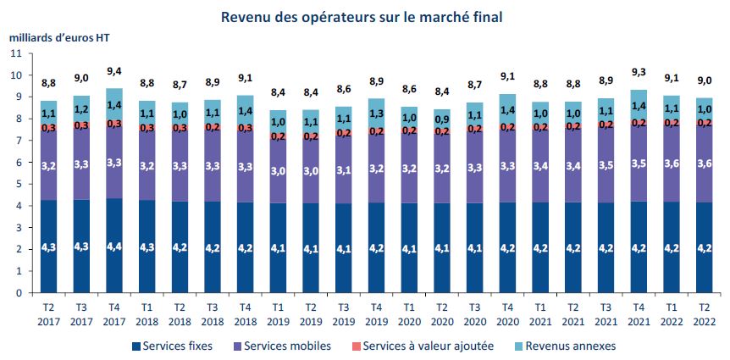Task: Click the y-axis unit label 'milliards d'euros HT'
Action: pyautogui.click(x=59, y=37)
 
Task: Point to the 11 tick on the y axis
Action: pyautogui.click(x=16, y=53)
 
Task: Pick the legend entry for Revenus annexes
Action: pyautogui.click(x=563, y=346)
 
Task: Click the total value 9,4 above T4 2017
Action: pyautogui.click(x=114, y=71)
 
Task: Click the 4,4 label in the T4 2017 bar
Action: pyautogui.click(x=114, y=246)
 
